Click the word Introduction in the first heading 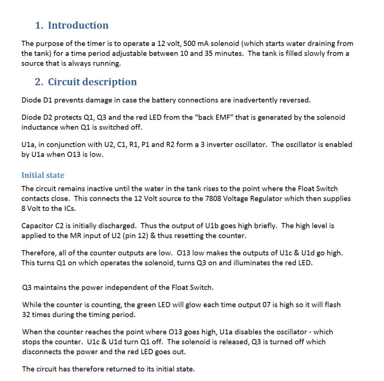(x=78, y=26)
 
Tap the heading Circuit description (x=92, y=82)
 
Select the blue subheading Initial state (x=43, y=175)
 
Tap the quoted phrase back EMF (x=215, y=117)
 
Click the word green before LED (x=147, y=305)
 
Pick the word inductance (x=40, y=127)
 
